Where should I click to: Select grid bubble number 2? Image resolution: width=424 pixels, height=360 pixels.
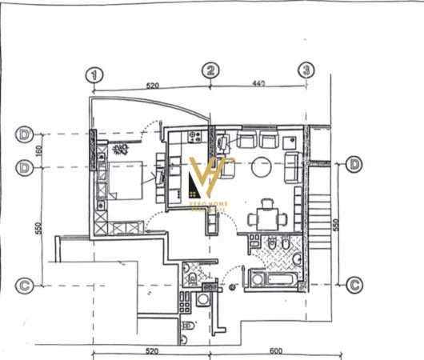click(210, 71)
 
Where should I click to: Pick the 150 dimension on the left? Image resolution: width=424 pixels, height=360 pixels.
click(38, 150)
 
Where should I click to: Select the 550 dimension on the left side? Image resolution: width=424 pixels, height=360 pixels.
click(38, 227)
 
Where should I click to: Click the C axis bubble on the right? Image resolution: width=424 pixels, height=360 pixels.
click(355, 283)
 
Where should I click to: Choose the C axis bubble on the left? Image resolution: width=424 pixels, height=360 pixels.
click(26, 283)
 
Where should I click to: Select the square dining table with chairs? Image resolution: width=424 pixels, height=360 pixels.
click(263, 217)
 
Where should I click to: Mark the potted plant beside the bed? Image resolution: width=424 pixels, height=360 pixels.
click(122, 149)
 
